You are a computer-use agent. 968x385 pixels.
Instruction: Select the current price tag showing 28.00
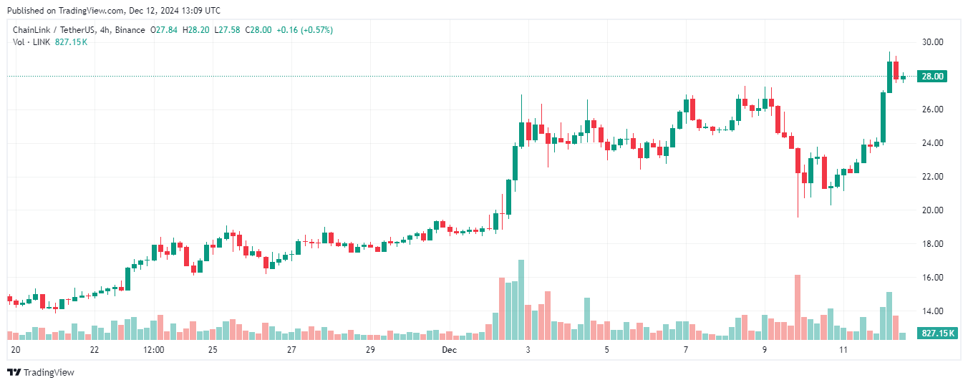pos(932,77)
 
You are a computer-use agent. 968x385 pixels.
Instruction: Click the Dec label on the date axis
pos(449,350)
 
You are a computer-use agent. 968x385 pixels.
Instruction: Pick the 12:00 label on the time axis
pos(154,350)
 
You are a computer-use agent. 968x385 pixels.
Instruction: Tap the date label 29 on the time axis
pos(370,350)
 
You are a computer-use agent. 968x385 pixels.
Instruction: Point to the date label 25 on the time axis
pos(213,350)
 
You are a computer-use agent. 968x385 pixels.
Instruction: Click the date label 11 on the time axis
pos(843,350)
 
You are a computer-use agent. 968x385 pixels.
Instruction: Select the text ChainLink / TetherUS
pos(52,30)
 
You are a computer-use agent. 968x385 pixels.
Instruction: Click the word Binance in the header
pos(130,30)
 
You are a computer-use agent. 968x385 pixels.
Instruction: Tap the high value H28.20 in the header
pos(196,30)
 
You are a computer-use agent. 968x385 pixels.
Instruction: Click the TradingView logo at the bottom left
pos(41,372)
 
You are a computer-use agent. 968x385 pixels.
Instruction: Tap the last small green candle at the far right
pos(903,77)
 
